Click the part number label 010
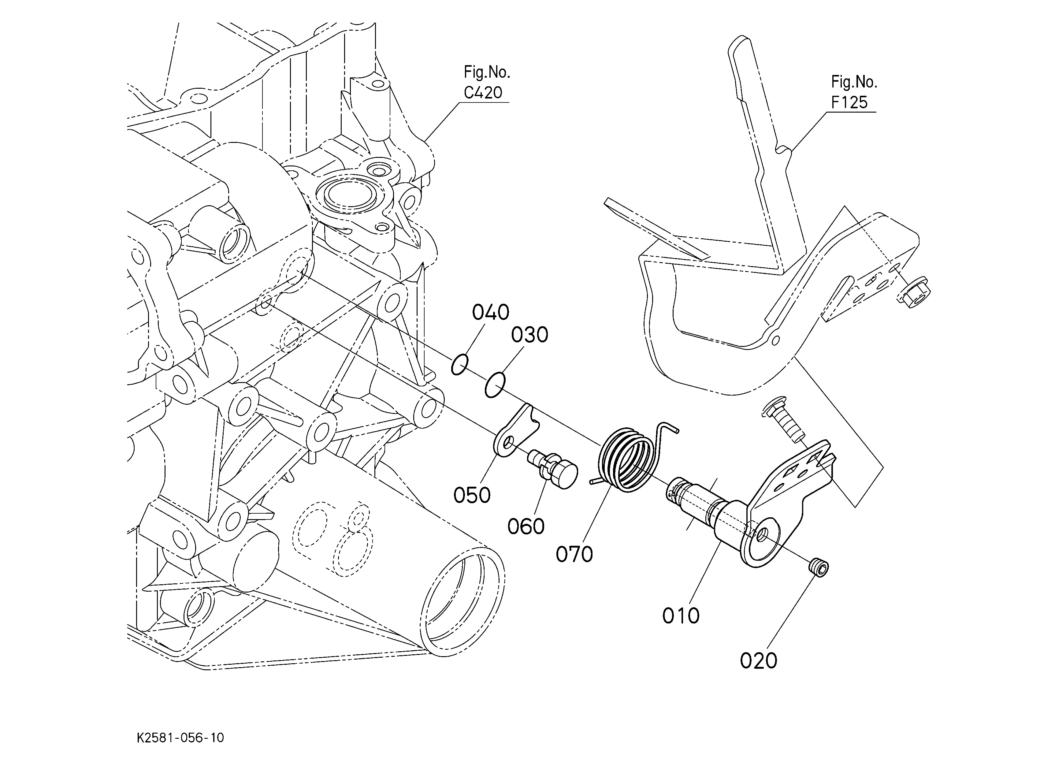click(x=681, y=616)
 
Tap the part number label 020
click(x=759, y=660)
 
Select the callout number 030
click(x=530, y=335)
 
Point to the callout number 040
click(x=491, y=312)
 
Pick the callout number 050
click(x=472, y=495)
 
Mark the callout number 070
click(x=574, y=554)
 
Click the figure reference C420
click(x=483, y=93)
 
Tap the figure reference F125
click(x=849, y=102)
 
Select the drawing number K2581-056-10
click(x=180, y=738)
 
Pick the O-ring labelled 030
click(x=495, y=385)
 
